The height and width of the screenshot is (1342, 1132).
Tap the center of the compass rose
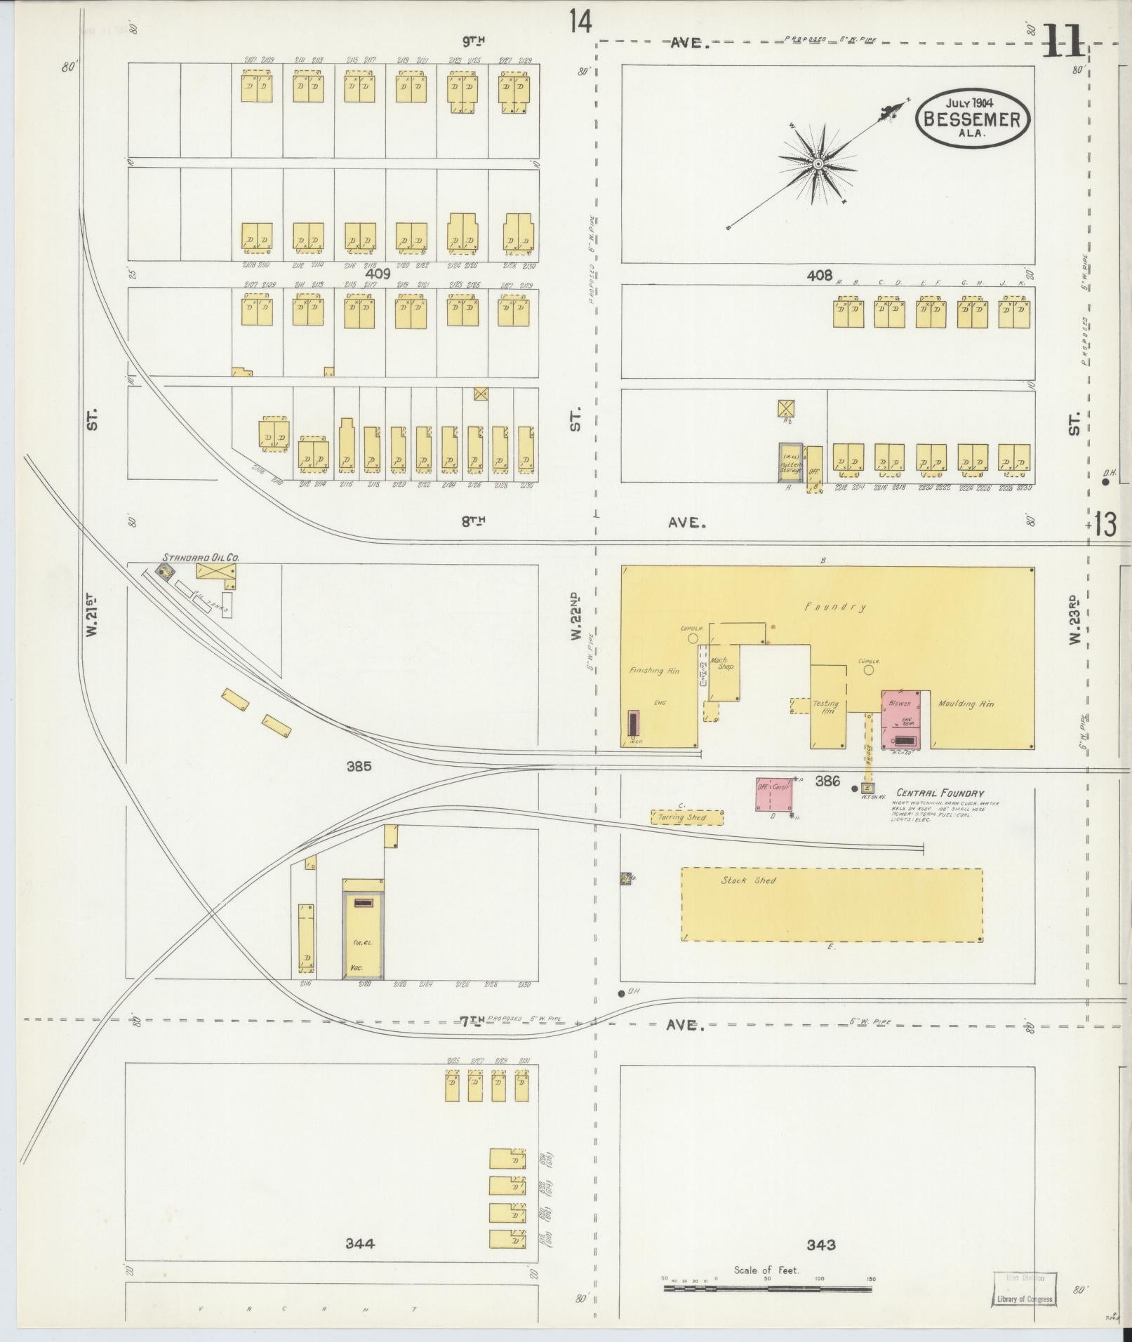pyautogui.click(x=818, y=164)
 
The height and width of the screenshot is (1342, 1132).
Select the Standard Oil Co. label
pyautogui.click(x=201, y=558)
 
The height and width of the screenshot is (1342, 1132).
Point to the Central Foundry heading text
pyautogui.click(x=938, y=793)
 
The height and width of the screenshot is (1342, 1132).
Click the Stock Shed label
pyautogui.click(x=748, y=880)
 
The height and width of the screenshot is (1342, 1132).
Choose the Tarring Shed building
pyautogui.click(x=687, y=818)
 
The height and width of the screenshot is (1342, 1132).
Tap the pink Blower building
pyautogui.click(x=906, y=719)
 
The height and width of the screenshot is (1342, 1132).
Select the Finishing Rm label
pyautogui.click(x=654, y=671)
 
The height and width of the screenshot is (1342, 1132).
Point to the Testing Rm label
pyautogui.click(x=826, y=707)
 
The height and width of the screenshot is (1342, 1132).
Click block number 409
pyautogui.click(x=377, y=274)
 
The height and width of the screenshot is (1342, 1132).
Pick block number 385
pyautogui.click(x=358, y=767)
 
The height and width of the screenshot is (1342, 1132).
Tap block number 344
pyautogui.click(x=359, y=1244)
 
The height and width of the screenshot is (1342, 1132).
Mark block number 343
pyautogui.click(x=820, y=1245)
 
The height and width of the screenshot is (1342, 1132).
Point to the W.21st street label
pyautogui.click(x=91, y=617)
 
